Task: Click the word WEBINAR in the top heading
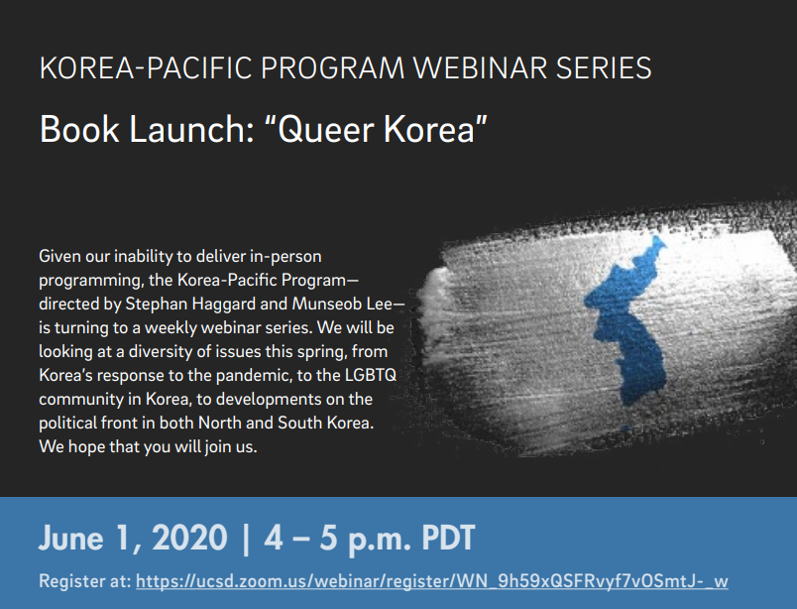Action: coord(480,68)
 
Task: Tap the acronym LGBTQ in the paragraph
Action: coord(370,376)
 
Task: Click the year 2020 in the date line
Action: coord(189,538)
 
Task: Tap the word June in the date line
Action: coord(71,538)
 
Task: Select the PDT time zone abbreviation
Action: coord(449,538)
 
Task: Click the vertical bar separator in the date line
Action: coord(246,539)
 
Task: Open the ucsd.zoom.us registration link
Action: coord(432,581)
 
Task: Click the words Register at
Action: coord(85,581)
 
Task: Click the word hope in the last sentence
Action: coord(86,447)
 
